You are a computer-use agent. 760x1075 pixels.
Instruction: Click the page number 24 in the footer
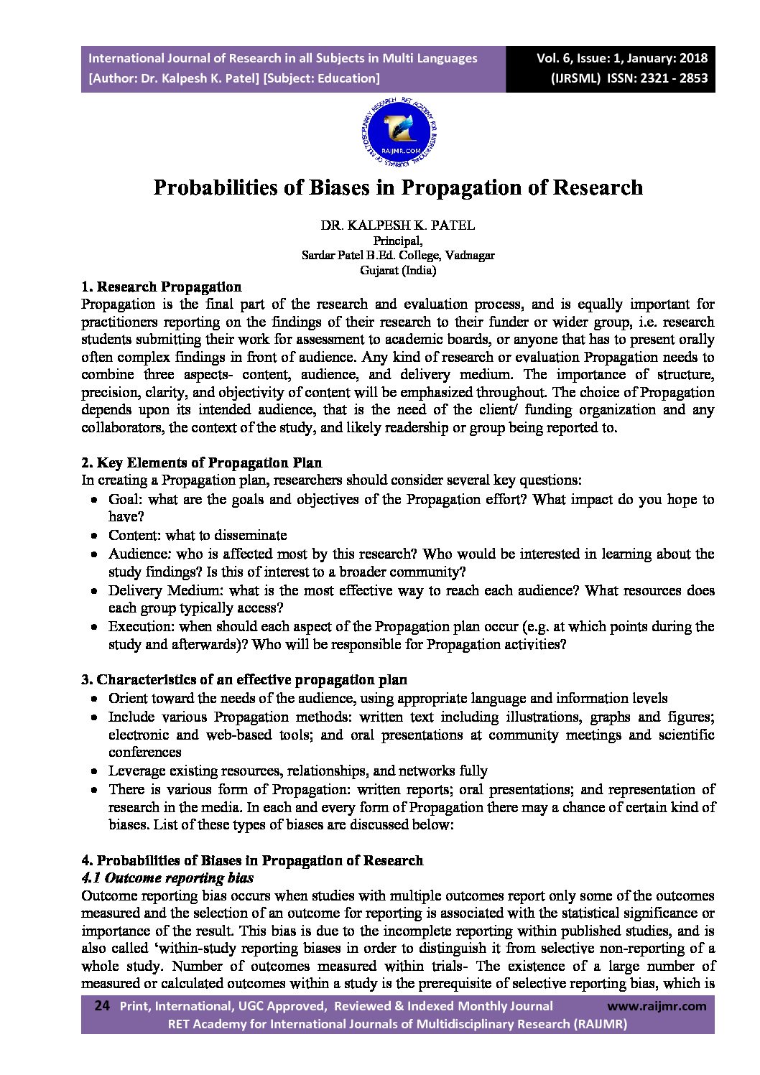101,1006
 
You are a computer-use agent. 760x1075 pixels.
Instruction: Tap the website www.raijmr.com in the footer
657,1006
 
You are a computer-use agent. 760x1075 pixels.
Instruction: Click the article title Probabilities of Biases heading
398,187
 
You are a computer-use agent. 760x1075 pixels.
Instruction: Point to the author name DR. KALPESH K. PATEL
397,225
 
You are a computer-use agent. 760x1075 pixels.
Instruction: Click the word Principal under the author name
397,241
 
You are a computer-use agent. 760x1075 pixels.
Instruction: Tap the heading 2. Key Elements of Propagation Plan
201,462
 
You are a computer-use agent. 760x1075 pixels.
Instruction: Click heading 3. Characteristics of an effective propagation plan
244,679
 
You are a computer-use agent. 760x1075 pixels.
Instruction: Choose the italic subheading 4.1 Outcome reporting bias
167,878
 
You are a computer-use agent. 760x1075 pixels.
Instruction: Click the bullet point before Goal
94,500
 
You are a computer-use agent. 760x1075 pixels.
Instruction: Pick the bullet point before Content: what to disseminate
94,536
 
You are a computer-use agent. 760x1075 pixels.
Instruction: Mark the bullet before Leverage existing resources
94,771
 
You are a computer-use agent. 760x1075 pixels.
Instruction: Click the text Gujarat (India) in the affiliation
397,271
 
